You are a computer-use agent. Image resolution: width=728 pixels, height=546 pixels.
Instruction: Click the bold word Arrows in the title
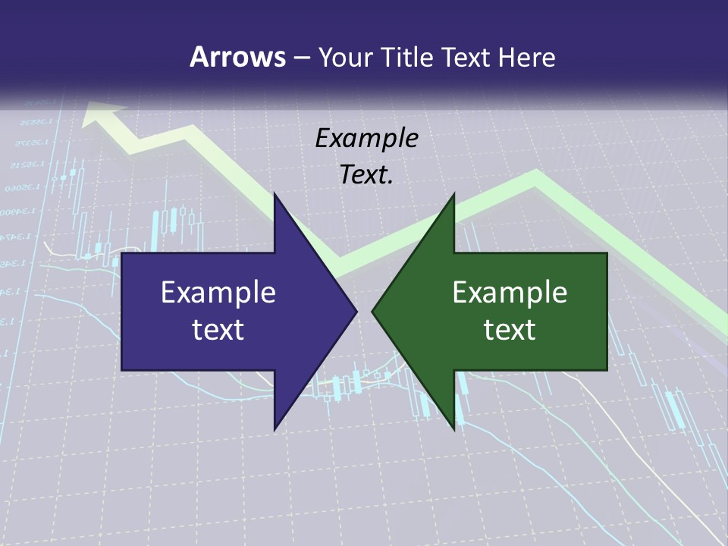(x=237, y=57)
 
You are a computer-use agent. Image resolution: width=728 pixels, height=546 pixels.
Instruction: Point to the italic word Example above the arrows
(x=366, y=139)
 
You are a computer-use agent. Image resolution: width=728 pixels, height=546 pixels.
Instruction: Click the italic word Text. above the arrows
(x=366, y=175)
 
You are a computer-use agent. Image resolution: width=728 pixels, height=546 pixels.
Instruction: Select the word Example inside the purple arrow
(x=218, y=293)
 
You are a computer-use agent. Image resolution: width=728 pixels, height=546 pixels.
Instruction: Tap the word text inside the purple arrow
(x=218, y=330)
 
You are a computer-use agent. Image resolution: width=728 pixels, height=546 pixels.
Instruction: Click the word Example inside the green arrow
(x=510, y=293)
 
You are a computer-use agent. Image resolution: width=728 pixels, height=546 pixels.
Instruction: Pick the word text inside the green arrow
(x=510, y=330)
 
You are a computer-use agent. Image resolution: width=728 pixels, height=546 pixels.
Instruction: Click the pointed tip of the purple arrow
(x=356, y=311)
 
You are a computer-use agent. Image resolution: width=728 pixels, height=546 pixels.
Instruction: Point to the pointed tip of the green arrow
(x=372, y=311)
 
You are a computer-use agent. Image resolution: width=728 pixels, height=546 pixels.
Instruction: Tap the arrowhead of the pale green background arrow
(x=102, y=114)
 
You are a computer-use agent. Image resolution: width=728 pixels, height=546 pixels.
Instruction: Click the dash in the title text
(x=302, y=58)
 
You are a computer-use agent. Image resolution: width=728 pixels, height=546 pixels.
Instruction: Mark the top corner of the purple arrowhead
(x=275, y=194)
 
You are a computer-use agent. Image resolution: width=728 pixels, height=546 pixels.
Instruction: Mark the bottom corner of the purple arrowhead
(x=275, y=429)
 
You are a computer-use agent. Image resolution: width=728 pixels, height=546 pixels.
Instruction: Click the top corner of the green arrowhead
(x=454, y=194)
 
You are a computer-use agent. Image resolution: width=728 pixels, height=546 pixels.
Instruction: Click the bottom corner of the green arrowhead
(x=454, y=429)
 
